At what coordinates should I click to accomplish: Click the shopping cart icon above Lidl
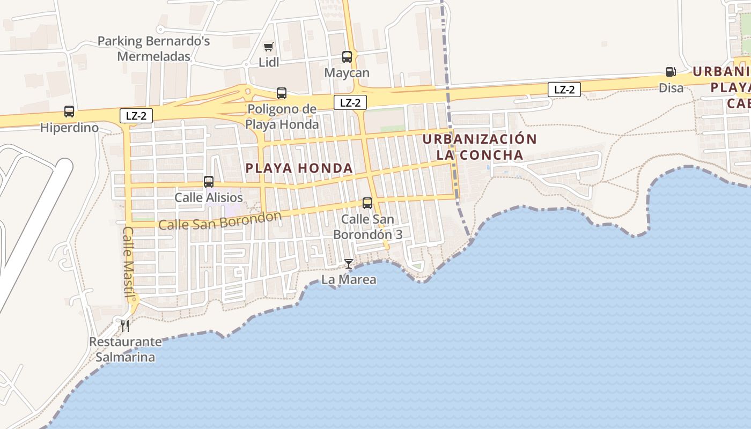click(268, 47)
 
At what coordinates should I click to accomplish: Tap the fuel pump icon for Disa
click(671, 72)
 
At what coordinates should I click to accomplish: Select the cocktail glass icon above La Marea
click(349, 263)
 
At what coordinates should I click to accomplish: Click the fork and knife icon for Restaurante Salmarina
click(125, 326)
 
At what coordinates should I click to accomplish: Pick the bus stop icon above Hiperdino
click(69, 112)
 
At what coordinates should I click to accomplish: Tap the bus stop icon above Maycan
click(347, 56)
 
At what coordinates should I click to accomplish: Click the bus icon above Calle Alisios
click(209, 182)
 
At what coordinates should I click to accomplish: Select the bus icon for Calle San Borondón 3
click(367, 203)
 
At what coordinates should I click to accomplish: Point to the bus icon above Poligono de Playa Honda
click(282, 93)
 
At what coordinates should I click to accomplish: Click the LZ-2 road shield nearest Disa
click(564, 90)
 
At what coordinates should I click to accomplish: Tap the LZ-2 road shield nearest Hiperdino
click(136, 115)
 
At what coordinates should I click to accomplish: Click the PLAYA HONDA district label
click(299, 168)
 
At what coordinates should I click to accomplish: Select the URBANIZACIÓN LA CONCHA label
click(480, 147)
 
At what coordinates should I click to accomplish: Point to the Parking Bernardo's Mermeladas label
click(154, 49)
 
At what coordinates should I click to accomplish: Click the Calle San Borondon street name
click(220, 221)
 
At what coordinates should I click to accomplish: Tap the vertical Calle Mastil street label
click(129, 262)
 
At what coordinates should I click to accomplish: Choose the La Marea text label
click(349, 279)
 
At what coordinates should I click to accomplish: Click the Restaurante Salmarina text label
click(125, 350)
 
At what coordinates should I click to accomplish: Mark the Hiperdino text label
click(70, 128)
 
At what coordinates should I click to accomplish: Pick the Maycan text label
click(347, 73)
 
